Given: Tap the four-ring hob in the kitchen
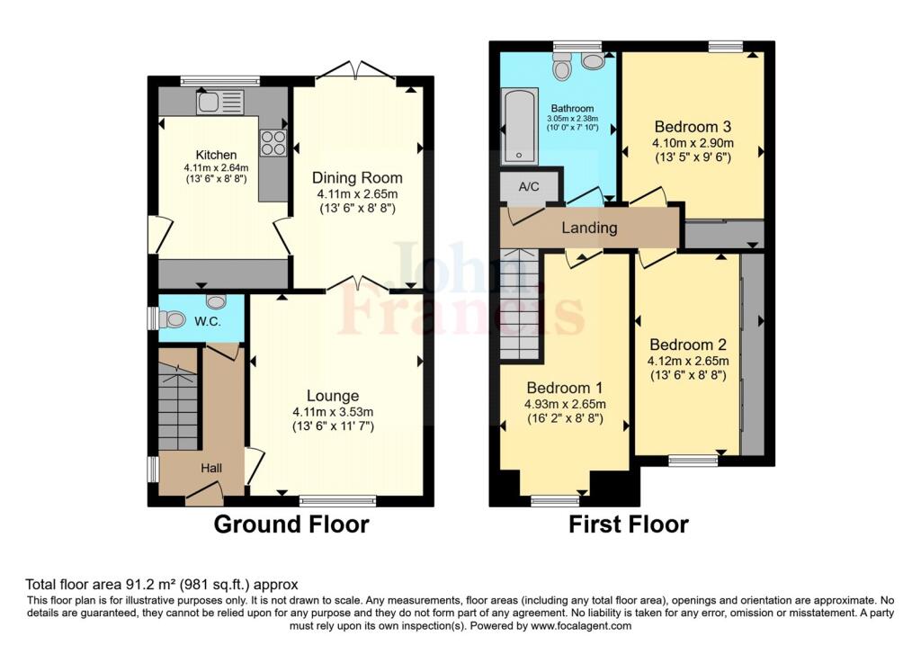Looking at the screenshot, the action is tap(273, 143).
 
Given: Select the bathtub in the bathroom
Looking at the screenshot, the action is tap(519, 126).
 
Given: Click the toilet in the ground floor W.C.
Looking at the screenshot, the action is tap(170, 319).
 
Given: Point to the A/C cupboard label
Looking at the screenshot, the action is tap(529, 187).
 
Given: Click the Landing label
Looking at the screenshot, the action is tap(589, 228).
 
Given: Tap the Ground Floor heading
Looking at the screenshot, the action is tap(291, 524).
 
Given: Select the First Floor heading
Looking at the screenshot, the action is tap(629, 524).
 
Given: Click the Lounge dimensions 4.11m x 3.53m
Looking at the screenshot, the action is tap(333, 412).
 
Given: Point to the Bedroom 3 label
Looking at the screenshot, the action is tap(693, 126).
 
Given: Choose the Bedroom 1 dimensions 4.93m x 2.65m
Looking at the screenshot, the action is tap(565, 404).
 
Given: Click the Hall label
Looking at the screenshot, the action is tap(211, 468).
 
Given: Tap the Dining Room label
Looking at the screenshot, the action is tap(357, 177).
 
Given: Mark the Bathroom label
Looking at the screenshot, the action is tap(572, 109).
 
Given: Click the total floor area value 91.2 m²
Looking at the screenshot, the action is tap(151, 585).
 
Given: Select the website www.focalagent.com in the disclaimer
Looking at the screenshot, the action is tap(581, 625).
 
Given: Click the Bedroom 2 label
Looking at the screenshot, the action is tap(688, 345).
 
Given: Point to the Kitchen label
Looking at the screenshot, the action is tap(216, 155).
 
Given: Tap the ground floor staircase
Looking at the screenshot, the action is tap(178, 406).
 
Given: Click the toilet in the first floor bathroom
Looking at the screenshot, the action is tap(562, 67).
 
